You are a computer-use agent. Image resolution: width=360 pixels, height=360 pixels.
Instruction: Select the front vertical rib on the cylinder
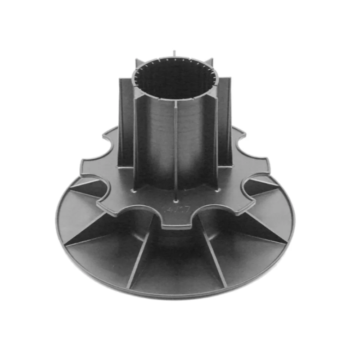pyautogui.click(x=175, y=144)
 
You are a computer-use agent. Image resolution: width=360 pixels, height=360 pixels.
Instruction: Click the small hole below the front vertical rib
pyautogui.click(x=175, y=197)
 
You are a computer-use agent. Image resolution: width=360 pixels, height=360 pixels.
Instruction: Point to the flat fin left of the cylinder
pyautogui.click(x=126, y=121)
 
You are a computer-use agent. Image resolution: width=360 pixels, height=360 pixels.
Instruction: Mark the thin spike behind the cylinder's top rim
pyautogui.click(x=174, y=53)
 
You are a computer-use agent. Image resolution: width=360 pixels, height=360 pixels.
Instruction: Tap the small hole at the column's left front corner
pyautogui.click(x=135, y=191)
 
